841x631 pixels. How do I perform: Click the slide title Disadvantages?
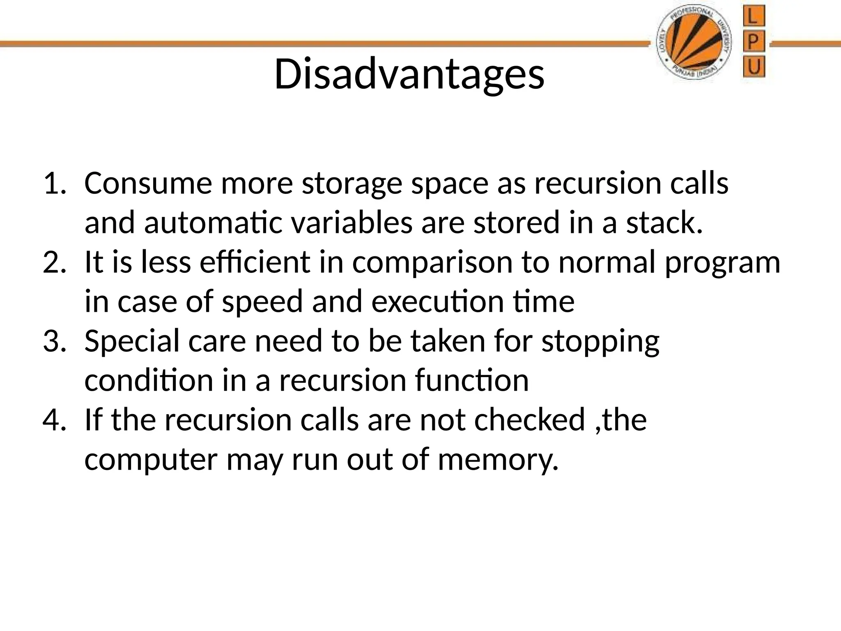[409, 75]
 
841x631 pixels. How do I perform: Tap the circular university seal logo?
[694, 44]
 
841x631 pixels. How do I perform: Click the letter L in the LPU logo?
[754, 18]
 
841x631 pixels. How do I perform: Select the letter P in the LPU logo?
[754, 43]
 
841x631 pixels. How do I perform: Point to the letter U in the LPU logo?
[754, 67]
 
